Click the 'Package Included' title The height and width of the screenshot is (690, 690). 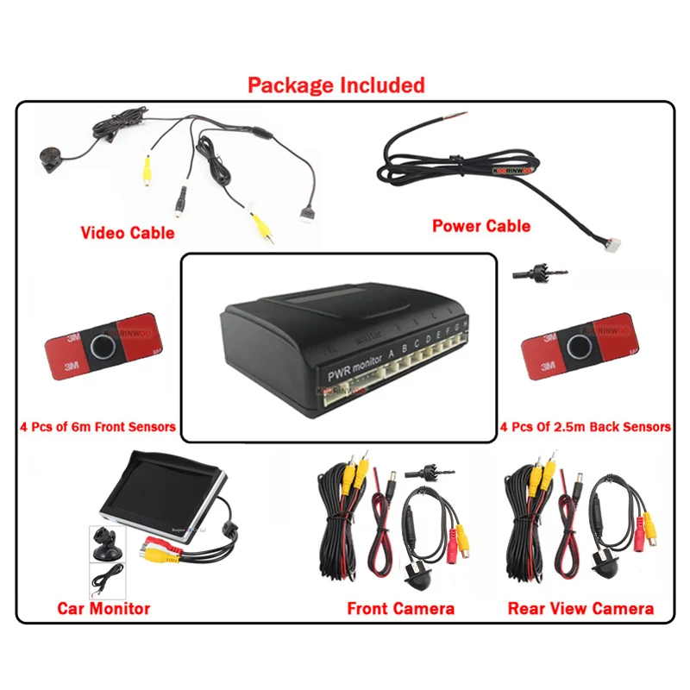tap(336, 85)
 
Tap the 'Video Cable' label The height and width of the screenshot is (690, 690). tap(128, 233)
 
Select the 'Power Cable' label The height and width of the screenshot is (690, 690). tap(481, 226)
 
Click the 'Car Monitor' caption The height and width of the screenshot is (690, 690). tap(103, 609)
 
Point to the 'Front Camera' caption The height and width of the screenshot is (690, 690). tap(400, 609)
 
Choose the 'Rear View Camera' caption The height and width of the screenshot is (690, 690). tap(580, 609)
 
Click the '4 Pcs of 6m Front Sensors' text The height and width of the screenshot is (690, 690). tap(97, 426)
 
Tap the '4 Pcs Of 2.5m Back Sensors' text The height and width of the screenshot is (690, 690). tap(586, 426)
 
